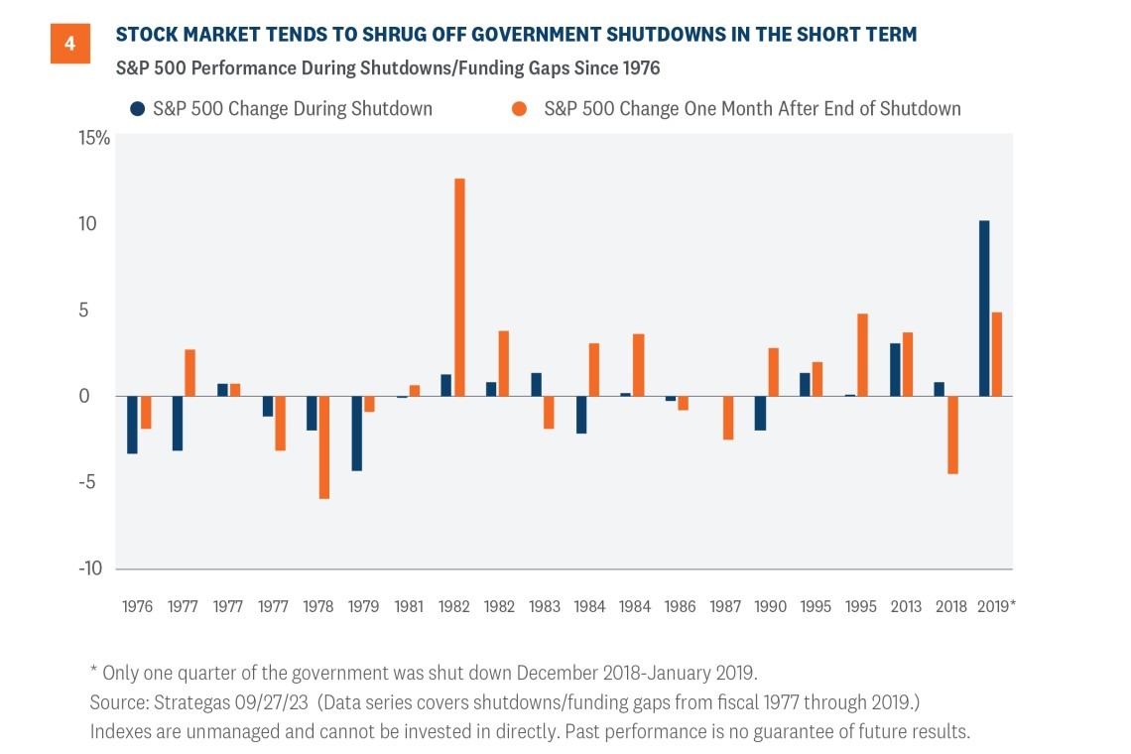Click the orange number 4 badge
tap(69, 45)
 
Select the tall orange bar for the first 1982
tap(459, 288)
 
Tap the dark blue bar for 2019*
tap(983, 309)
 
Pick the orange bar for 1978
tap(323, 447)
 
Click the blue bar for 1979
tap(356, 434)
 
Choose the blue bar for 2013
tap(894, 370)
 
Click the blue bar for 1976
tap(132, 426)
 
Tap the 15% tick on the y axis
tap(95, 137)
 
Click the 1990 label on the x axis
tap(771, 606)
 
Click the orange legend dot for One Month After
tap(519, 109)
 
